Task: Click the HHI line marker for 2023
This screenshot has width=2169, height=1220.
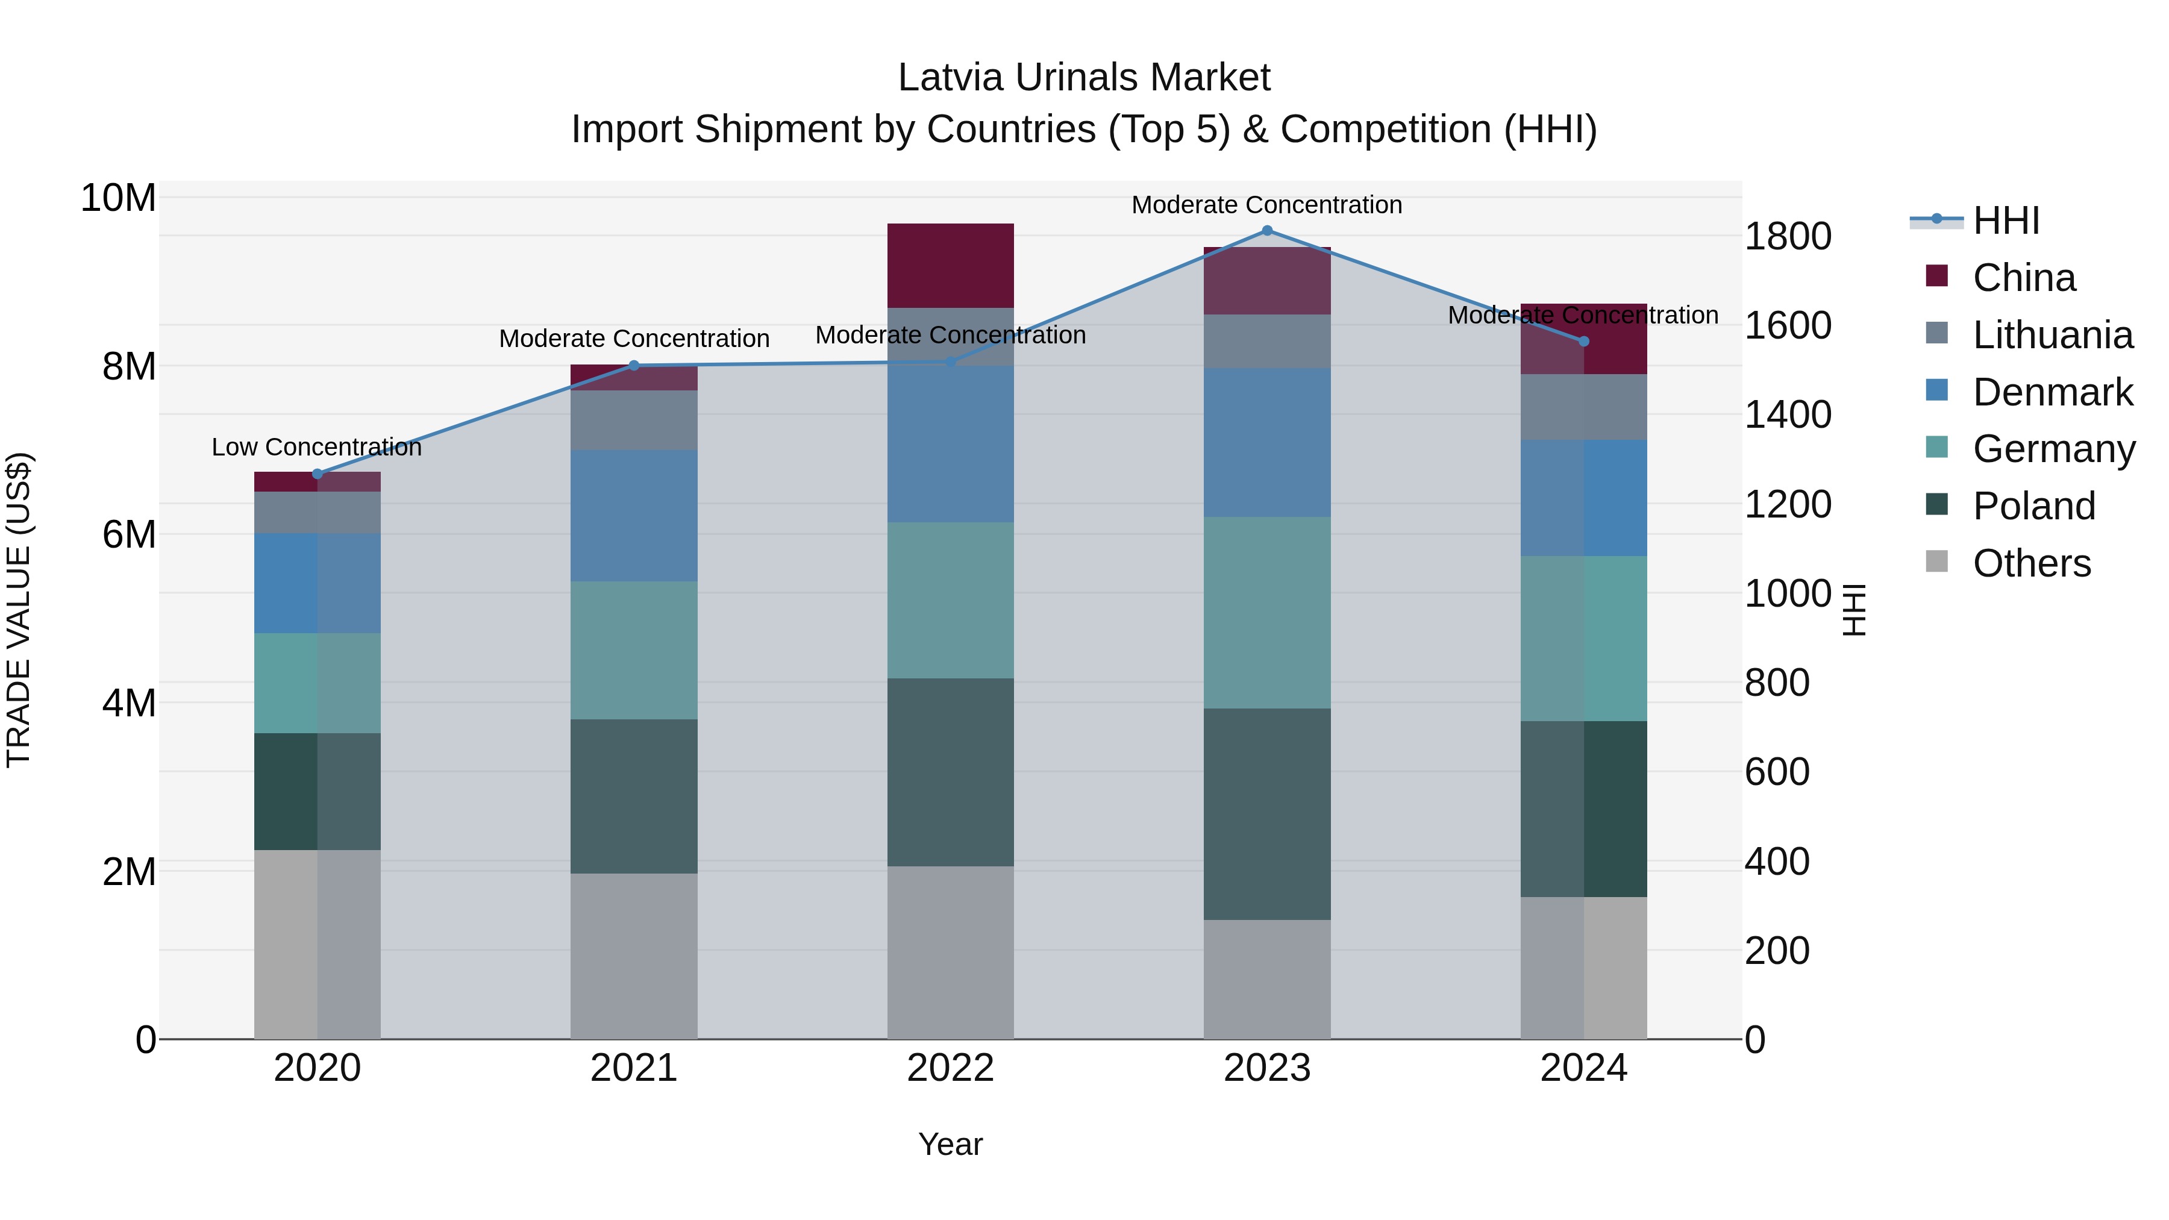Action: [1266, 231]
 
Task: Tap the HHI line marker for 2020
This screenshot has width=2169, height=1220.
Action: [318, 474]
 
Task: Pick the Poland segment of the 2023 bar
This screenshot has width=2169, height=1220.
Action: [1266, 813]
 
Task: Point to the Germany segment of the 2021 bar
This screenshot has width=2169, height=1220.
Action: [633, 650]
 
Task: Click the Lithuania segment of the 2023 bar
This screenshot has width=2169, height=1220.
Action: [1266, 341]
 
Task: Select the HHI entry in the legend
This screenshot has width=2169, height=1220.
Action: [2005, 221]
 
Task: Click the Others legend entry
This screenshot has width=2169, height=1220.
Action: [2031, 563]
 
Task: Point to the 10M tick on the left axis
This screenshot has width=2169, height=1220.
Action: [118, 199]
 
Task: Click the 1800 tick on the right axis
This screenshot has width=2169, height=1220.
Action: [1787, 237]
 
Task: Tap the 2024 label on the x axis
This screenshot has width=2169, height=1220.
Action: [1583, 1068]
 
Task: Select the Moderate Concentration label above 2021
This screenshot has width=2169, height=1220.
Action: [633, 339]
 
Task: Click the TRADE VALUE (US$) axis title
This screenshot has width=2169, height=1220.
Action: [19, 610]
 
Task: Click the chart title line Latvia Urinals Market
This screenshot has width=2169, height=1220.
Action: [1084, 78]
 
